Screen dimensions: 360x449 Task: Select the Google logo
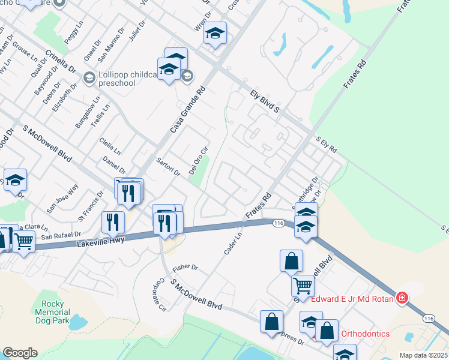point(20,353)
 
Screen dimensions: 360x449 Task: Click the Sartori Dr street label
point(168,167)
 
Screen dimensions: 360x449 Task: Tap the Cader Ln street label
point(233,243)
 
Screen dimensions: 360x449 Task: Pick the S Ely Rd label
point(326,145)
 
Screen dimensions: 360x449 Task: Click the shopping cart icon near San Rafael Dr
point(24,242)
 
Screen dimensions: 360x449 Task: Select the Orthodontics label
point(365,334)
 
